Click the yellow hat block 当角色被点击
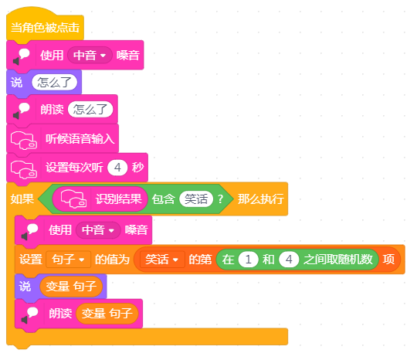[x=45, y=28]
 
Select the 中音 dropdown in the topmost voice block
[x=90, y=56]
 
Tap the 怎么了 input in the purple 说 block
[x=54, y=82]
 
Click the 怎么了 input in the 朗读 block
[x=90, y=110]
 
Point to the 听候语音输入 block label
[x=80, y=139]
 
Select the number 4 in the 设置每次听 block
[x=117, y=168]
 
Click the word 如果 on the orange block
[x=22, y=199]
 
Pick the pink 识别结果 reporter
[x=100, y=199]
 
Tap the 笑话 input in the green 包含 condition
[x=196, y=199]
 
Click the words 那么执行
[x=261, y=199]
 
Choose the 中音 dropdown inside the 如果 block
[x=98, y=230]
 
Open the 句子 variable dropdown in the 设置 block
[x=69, y=259]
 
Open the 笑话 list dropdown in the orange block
[x=162, y=259]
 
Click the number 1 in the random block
[x=249, y=260]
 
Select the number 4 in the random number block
[x=289, y=260]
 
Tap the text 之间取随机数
[x=338, y=260]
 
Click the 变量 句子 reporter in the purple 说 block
[x=71, y=287]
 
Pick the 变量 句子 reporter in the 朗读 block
[x=107, y=314]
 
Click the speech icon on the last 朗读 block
[x=29, y=314]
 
